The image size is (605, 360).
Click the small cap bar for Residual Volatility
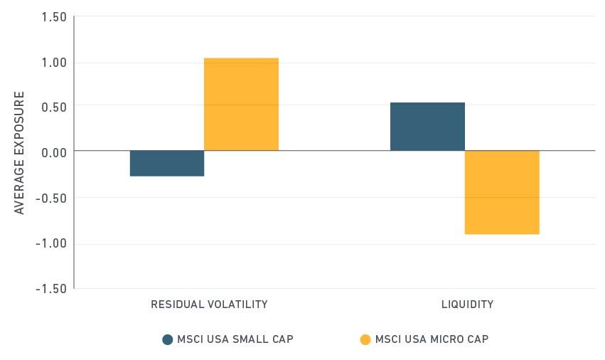tap(167, 163)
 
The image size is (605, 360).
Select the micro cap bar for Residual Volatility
tap(241, 104)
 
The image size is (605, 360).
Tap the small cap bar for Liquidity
tap(427, 126)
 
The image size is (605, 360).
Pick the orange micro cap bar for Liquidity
tap(502, 192)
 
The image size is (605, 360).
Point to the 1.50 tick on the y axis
tap(53, 17)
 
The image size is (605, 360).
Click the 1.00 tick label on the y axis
tap(53, 63)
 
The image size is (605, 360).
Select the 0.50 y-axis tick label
tap(53, 106)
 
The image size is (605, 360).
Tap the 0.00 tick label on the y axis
tap(53, 152)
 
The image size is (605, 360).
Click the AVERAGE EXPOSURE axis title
tap(19, 152)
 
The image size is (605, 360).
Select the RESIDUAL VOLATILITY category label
tap(209, 305)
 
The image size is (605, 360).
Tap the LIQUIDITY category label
tap(467, 305)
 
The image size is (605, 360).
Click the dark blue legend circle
tap(168, 339)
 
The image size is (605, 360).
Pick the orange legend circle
tap(365, 339)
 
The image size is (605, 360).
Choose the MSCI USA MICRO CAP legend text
tap(432, 339)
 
